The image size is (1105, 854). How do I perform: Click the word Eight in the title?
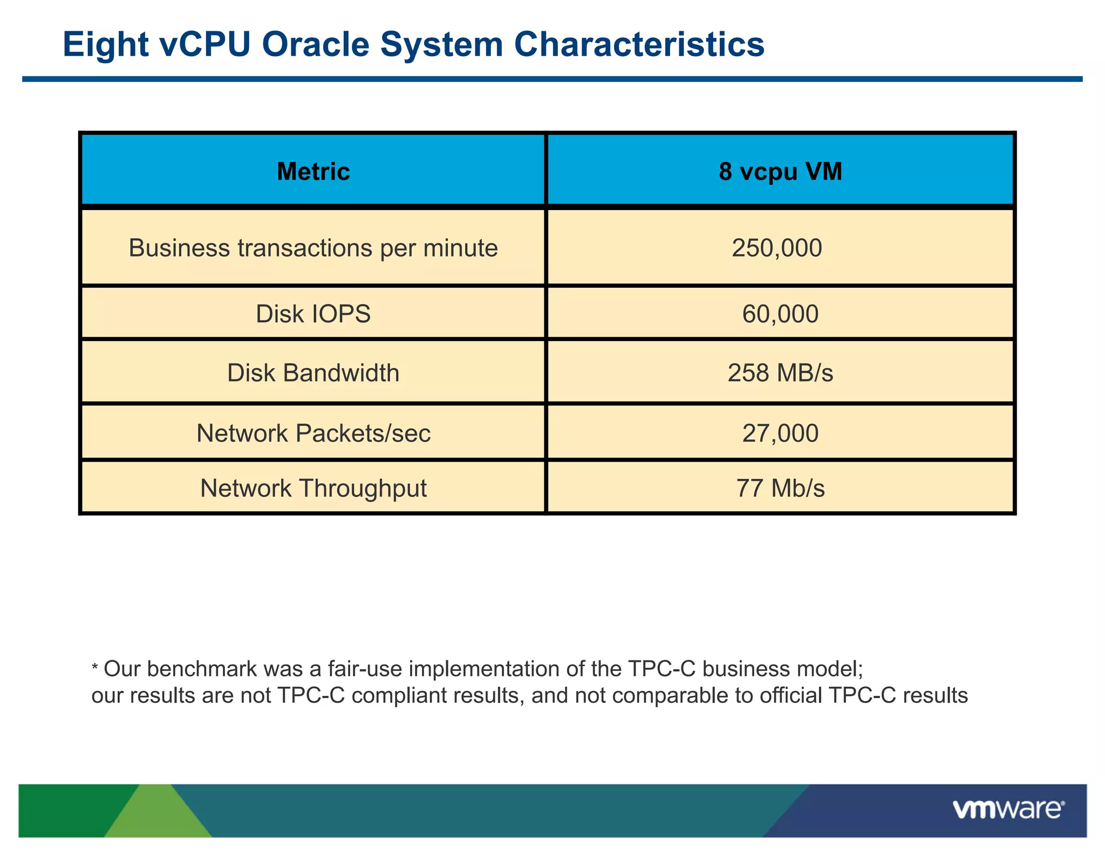105,44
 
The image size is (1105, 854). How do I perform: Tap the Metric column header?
313,172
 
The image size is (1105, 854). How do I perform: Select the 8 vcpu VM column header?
780,172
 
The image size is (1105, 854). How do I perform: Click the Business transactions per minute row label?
313,248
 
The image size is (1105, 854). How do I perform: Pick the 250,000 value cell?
776,248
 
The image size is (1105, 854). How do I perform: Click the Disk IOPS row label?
313,314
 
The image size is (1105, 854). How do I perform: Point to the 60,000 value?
780,314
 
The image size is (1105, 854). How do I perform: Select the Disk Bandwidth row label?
313,373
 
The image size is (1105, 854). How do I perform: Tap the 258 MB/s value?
780,373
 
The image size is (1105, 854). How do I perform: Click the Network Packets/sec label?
313,433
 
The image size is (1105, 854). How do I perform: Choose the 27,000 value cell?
780,433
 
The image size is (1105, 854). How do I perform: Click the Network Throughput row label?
313,489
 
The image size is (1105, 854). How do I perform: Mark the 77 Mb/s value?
780,489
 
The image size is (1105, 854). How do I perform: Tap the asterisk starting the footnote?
95,668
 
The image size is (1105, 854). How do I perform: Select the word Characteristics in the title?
639,44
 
